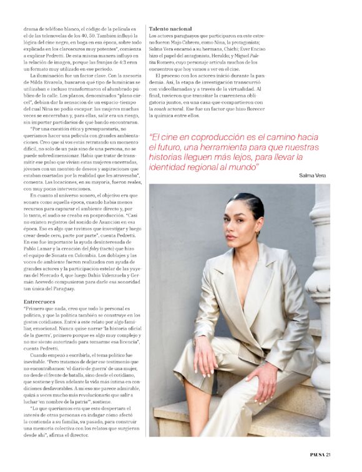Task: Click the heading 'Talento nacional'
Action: click(x=170, y=29)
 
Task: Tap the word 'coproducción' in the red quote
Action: click(x=215, y=137)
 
